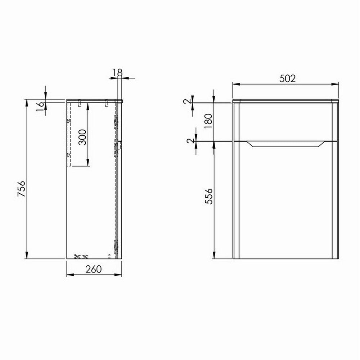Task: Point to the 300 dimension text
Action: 82,137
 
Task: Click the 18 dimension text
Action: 118,73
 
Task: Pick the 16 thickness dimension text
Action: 40,105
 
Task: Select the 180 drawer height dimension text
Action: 208,122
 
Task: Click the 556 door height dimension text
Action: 208,196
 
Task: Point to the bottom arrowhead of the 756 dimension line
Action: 27,256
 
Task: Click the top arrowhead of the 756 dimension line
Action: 27,102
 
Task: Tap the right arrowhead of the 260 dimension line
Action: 120,275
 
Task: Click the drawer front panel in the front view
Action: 286,122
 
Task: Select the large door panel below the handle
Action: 286,205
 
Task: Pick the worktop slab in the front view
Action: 286,101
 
